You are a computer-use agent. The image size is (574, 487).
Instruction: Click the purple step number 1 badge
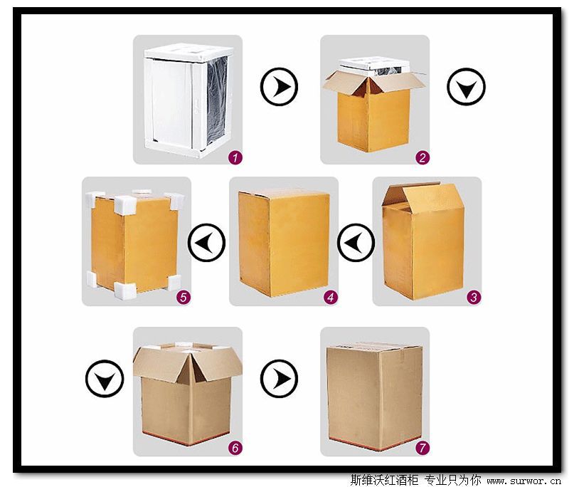[235, 157]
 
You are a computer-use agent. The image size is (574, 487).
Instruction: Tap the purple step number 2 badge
[422, 157]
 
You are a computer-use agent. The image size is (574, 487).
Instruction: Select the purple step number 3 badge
[474, 297]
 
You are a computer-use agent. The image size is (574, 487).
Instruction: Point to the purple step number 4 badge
[331, 297]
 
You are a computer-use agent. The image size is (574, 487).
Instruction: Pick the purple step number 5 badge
[184, 297]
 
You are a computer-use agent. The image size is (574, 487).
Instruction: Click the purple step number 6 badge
[235, 447]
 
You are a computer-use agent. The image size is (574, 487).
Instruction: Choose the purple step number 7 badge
[422, 447]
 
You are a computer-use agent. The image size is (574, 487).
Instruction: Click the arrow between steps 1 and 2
[279, 87]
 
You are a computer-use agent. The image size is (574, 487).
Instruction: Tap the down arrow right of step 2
[466, 87]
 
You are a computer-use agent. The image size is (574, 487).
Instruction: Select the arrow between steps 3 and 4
[356, 243]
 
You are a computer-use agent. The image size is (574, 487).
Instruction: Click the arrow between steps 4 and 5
[206, 243]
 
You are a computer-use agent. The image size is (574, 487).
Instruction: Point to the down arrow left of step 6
[105, 379]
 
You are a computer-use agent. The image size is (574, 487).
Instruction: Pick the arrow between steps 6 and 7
[279, 379]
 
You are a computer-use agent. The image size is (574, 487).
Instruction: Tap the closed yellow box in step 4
[284, 243]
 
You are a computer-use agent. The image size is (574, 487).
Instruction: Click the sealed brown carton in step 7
[375, 395]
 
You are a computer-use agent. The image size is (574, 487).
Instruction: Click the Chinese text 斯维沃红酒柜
[384, 480]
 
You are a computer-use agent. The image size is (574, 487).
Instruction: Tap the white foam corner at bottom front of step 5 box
[125, 290]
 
